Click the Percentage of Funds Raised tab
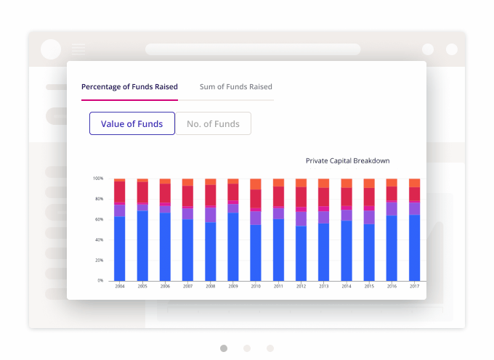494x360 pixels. [129, 86]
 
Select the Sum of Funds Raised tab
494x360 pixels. [236, 86]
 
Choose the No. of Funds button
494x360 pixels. [213, 123]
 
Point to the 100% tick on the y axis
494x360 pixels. [98, 179]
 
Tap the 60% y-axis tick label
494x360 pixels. [99, 219]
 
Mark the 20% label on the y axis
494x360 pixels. [99, 260]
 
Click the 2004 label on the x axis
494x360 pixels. [119, 286]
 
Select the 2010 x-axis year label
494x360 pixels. [255, 286]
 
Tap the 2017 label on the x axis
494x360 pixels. [414, 286]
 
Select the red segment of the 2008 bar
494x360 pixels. [210, 195]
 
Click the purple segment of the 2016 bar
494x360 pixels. [392, 208]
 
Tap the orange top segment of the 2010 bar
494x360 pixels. [255, 183]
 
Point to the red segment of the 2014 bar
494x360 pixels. [347, 197]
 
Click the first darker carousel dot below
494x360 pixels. [224, 348]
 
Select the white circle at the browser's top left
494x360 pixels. [51, 49]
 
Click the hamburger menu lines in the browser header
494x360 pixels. [78, 49]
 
